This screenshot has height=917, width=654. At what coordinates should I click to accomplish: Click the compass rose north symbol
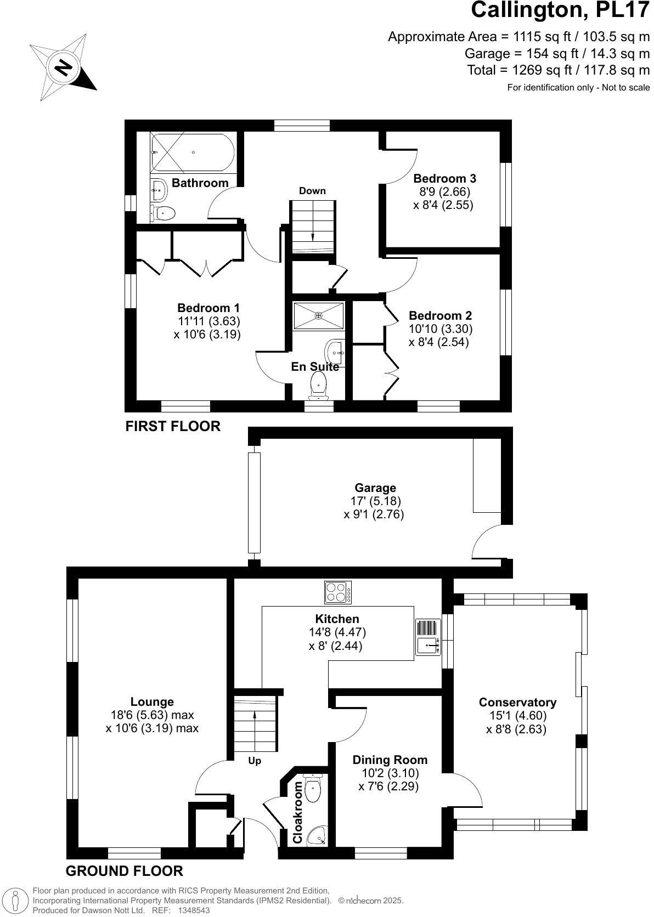63,67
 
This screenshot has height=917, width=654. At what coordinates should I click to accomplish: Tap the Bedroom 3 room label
444,178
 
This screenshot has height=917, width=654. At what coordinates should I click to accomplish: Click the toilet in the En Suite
319,386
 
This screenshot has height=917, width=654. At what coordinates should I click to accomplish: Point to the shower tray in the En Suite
318,316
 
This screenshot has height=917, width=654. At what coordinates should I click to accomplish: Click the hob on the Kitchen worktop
338,592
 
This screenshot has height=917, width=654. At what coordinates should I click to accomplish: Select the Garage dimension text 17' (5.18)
375,501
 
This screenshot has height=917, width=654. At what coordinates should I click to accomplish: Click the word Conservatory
517,703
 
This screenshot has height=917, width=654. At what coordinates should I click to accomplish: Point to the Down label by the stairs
312,191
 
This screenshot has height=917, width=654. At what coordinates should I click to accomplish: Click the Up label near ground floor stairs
255,761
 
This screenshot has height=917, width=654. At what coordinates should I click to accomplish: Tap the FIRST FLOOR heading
173,426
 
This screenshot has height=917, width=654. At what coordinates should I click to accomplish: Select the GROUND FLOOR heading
124,871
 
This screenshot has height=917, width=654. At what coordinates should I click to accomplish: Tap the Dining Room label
390,760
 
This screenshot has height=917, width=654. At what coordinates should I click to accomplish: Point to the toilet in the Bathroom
163,213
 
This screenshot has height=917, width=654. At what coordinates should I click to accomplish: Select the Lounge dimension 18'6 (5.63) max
152,715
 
